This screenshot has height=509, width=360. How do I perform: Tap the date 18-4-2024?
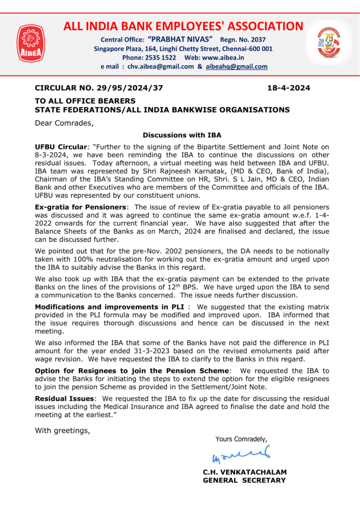(289, 88)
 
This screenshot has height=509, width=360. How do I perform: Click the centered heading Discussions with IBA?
(182, 135)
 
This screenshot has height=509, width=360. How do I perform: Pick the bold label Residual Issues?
(64, 398)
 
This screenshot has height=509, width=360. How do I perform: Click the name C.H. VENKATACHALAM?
(244, 472)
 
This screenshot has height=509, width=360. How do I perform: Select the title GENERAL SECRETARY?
(244, 480)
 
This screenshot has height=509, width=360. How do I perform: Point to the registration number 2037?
(257, 40)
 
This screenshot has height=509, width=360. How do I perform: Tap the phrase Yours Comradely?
(241, 438)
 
